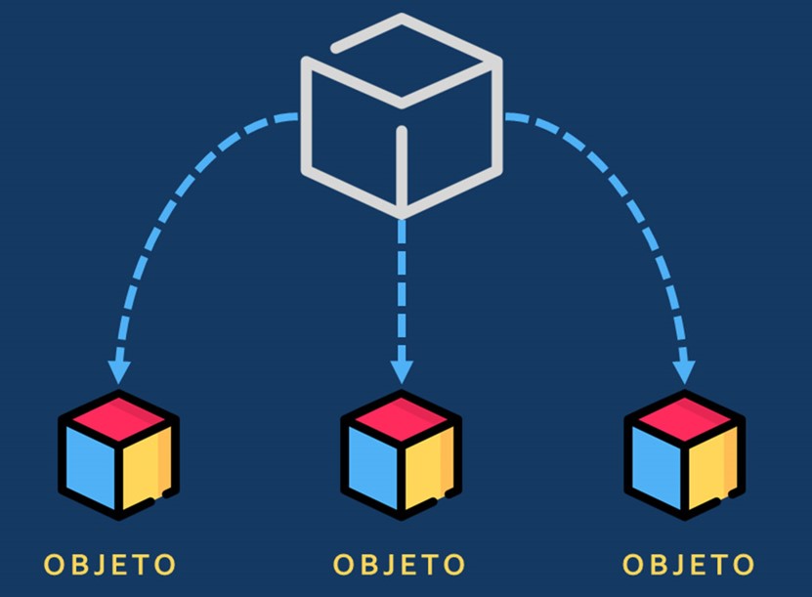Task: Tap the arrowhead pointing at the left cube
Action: pyautogui.click(x=119, y=372)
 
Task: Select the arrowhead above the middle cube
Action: pyautogui.click(x=402, y=372)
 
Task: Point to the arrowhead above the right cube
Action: pyautogui.click(x=684, y=372)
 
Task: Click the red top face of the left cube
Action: pyautogui.click(x=119, y=418)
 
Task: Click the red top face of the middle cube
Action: pyautogui.click(x=402, y=418)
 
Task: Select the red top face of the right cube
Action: pyautogui.click(x=685, y=418)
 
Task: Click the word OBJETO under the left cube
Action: pyautogui.click(x=109, y=565)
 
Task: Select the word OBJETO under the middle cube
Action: pyautogui.click(x=399, y=565)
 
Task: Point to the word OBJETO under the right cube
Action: pyautogui.click(x=688, y=565)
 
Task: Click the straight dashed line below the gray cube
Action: pyautogui.click(x=402, y=290)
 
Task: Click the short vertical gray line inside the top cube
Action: pyautogui.click(x=402, y=167)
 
